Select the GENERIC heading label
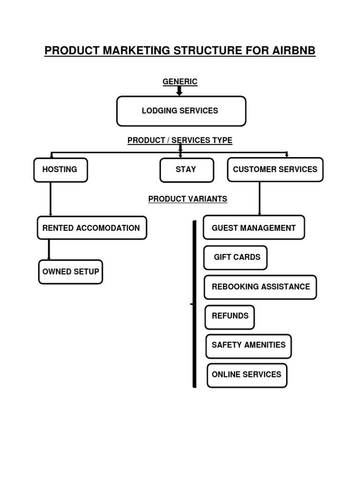[x=180, y=82]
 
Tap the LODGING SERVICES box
[x=181, y=111]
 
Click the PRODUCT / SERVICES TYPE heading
[x=180, y=140]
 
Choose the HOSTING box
[x=60, y=170]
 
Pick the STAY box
[x=187, y=170]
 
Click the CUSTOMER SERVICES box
[x=275, y=170]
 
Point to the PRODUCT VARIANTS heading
[x=187, y=199]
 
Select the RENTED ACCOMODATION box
[x=91, y=228]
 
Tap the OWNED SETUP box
[x=70, y=272]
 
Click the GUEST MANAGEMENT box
[x=254, y=228]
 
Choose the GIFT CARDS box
[x=236, y=257]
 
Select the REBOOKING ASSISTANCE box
[x=260, y=287]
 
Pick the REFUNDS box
[x=230, y=316]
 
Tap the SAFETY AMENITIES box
[x=248, y=345]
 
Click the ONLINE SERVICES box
[x=247, y=375]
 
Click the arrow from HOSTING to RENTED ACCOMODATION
[x=51, y=199]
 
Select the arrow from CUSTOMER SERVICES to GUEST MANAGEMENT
[x=260, y=199]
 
